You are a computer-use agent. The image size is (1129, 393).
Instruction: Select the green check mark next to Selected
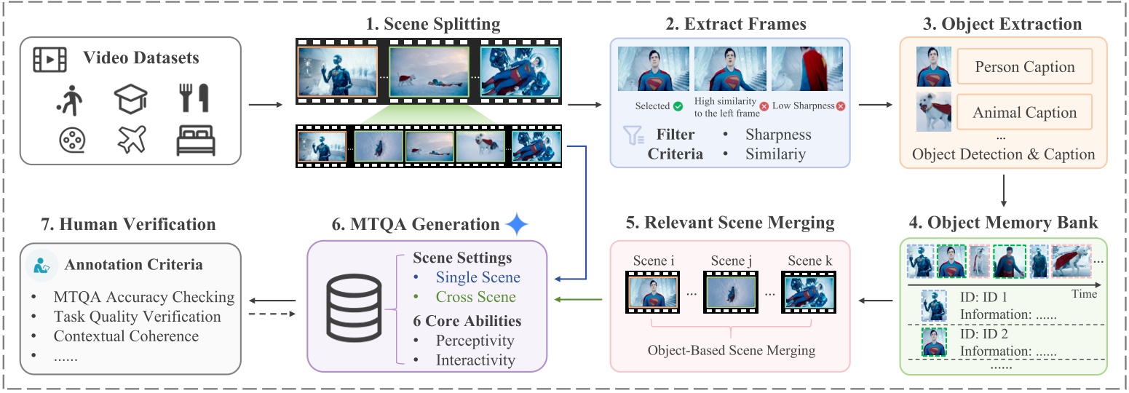pyautogui.click(x=678, y=106)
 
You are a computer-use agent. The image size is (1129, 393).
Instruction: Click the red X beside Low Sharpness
pyautogui.click(x=841, y=106)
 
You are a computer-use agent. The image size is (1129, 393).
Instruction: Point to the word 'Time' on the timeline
pyautogui.click(x=1084, y=295)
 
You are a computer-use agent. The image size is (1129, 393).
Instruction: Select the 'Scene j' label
pyautogui.click(x=731, y=261)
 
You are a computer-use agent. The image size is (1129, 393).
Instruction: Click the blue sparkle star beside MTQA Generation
pyautogui.click(x=517, y=225)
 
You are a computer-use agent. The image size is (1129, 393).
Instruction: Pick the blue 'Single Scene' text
pyautogui.click(x=478, y=277)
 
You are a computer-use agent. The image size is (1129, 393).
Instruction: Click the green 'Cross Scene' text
pyautogui.click(x=475, y=297)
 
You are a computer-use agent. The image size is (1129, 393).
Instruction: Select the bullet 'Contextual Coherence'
pyautogui.click(x=126, y=336)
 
